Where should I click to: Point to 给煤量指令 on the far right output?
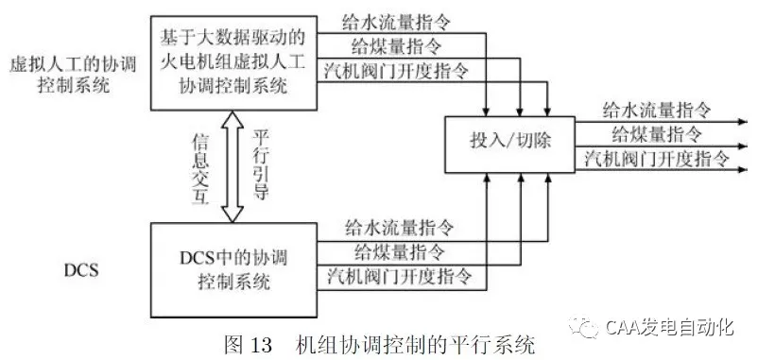[657, 132]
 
